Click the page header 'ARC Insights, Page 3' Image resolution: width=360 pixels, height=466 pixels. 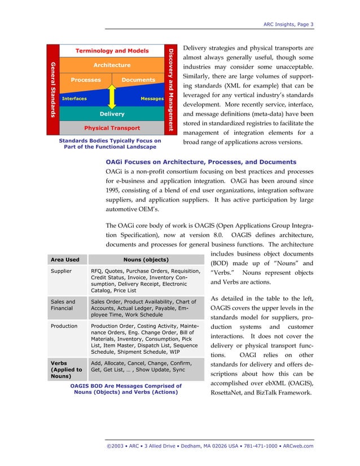click(x=288, y=24)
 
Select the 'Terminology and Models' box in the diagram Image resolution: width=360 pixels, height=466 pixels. click(x=112, y=51)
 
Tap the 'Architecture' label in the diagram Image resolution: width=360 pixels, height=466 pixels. click(x=112, y=65)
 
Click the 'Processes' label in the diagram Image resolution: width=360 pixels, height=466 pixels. click(x=86, y=80)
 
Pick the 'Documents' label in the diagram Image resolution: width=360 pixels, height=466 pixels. click(x=138, y=80)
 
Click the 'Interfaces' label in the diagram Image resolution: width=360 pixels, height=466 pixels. click(x=74, y=99)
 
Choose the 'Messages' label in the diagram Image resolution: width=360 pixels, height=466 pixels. click(x=152, y=99)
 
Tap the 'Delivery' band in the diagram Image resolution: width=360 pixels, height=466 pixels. click(x=112, y=114)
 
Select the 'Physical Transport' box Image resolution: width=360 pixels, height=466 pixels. click(x=112, y=129)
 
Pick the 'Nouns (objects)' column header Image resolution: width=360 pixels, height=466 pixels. click(x=146, y=260)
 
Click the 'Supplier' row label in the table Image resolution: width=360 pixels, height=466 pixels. click(x=61, y=271)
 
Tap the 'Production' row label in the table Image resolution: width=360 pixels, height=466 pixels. click(x=64, y=326)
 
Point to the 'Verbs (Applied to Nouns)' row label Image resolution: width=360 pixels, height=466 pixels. click(x=66, y=370)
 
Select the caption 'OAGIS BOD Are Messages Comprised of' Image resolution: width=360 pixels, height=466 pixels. click(x=126, y=385)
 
